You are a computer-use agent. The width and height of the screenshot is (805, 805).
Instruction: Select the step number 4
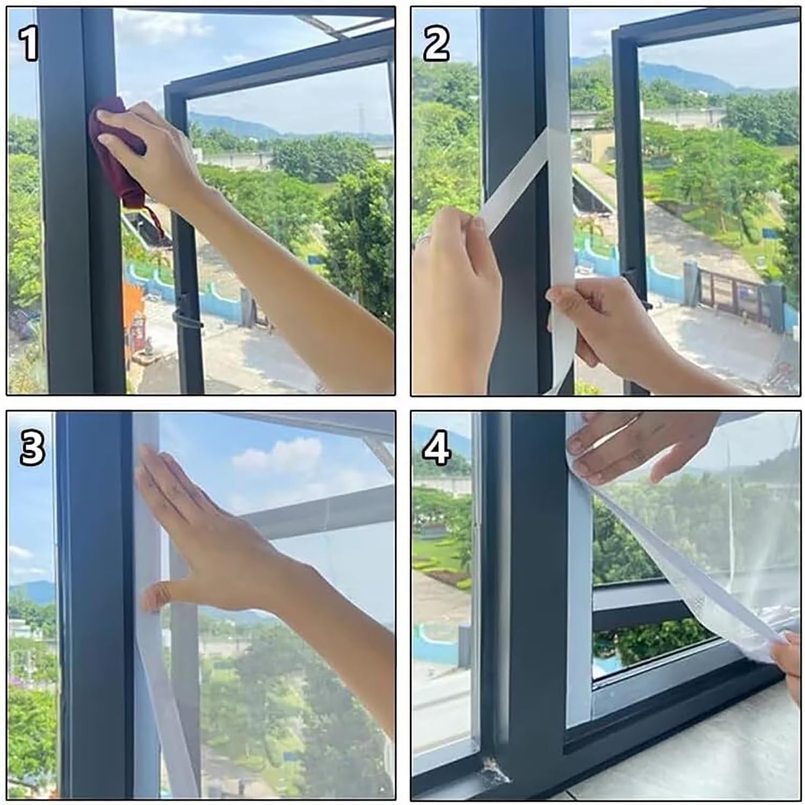pos(436,448)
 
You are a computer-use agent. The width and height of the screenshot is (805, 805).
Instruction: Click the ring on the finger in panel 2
pos(424,237)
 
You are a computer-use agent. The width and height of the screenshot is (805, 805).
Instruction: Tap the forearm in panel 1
pos(301,279)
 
